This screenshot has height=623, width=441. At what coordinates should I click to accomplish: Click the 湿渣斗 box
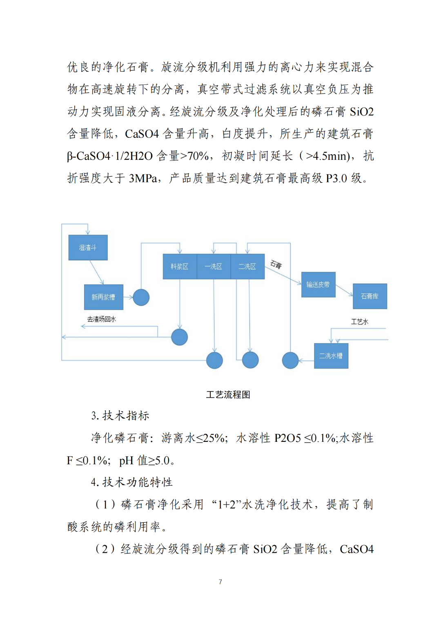[88, 248]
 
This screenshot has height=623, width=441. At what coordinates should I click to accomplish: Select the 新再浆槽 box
[103, 297]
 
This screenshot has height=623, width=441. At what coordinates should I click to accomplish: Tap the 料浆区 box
[180, 266]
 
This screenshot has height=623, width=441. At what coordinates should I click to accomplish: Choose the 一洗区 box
[214, 266]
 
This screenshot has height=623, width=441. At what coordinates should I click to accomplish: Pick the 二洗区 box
[247, 266]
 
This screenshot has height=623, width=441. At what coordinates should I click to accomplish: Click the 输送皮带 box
[318, 285]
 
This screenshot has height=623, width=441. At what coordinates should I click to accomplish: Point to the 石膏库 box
[370, 296]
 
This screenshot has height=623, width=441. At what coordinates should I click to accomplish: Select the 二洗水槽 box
[331, 356]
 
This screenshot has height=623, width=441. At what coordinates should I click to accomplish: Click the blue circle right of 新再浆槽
[141, 297]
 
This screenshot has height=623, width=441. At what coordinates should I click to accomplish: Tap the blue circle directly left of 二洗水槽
[290, 360]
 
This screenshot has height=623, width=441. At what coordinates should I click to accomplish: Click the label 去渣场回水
[102, 319]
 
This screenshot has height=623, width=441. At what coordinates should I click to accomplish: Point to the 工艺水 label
[359, 321]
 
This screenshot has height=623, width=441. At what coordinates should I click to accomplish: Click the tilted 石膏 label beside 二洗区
[276, 265]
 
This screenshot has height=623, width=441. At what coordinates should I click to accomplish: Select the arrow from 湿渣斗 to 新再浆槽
[96, 272]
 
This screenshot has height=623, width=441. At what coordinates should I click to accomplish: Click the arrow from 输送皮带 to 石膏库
[344, 290]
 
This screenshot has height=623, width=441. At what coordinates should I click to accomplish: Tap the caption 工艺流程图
[228, 395]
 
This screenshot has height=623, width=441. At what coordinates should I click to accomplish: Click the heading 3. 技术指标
[120, 416]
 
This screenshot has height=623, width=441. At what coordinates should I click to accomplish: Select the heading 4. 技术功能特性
[131, 482]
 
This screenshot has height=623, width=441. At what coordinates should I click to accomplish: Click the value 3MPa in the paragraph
[143, 178]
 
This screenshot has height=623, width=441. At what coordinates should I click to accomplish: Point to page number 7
[220, 582]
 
